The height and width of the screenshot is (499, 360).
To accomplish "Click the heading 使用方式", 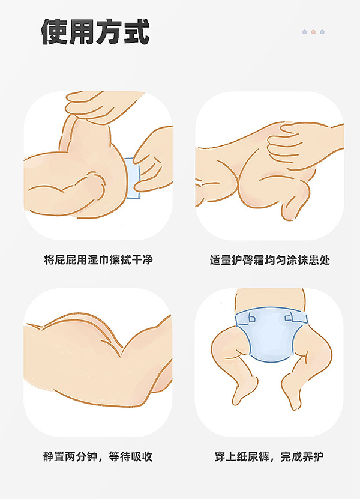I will pos(95,31).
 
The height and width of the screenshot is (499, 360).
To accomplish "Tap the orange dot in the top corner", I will pos(313,32).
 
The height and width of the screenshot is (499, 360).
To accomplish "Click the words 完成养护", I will pos(302,456).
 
